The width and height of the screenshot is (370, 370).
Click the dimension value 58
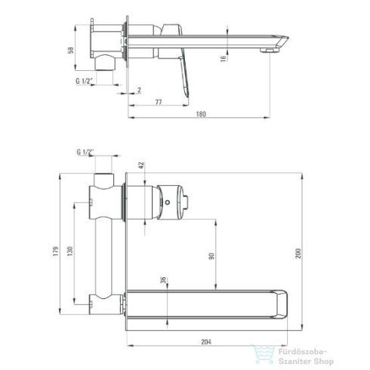pos(71,50)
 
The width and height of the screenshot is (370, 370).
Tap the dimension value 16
pos(224,59)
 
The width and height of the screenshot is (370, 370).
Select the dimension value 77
pos(159,102)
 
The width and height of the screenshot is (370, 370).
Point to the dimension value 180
pos(201,114)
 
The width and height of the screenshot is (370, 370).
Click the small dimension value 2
pos(139,90)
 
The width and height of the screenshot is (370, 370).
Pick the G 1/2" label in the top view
pos(85,81)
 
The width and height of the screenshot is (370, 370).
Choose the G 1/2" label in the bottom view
pos(85,152)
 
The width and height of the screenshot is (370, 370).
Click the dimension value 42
pos(142,165)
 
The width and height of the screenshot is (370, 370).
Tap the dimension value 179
pos(56,251)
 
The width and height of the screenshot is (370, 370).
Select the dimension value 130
pos(69,251)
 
